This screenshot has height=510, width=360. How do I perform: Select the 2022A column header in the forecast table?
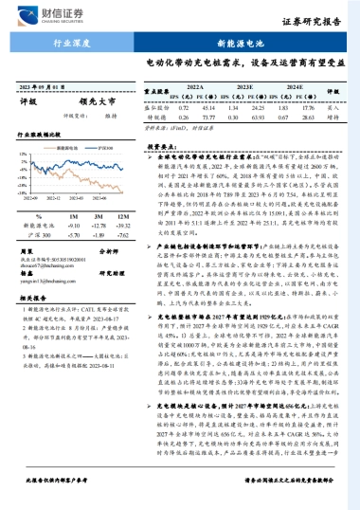(195, 84)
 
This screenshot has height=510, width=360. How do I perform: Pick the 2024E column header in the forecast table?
(296, 84)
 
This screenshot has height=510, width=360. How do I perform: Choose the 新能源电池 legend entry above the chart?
(54, 149)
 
